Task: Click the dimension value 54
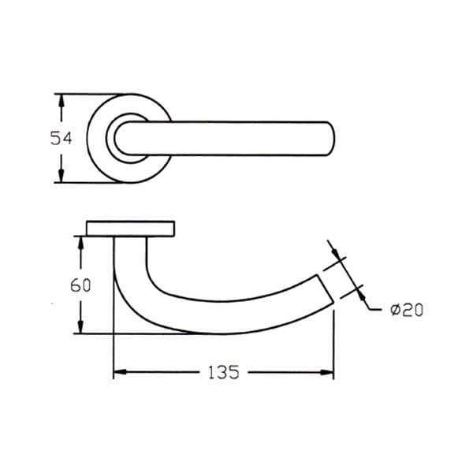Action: point(61,139)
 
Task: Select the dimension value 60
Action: point(80,285)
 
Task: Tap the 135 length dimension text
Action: point(224,372)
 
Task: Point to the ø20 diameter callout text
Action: point(407,310)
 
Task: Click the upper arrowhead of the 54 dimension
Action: point(61,100)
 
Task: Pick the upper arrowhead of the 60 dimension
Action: point(80,243)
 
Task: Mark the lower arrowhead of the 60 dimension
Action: point(80,327)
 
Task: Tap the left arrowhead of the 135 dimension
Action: point(120,372)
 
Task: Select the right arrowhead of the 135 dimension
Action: point(327,372)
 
